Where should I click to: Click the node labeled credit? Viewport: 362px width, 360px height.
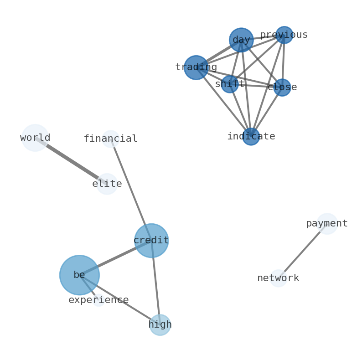point(151,241)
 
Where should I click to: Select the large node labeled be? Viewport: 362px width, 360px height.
point(79,275)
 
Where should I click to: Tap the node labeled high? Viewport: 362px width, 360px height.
point(160,325)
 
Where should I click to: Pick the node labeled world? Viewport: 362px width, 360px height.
point(35,138)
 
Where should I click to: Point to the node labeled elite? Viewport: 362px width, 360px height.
point(107,184)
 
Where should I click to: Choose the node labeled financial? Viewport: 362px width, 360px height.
point(111,139)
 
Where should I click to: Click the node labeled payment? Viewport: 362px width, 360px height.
point(327,224)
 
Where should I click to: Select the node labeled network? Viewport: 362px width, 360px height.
point(278,278)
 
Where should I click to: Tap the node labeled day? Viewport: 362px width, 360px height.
point(241,40)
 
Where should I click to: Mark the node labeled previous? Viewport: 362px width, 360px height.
point(284,35)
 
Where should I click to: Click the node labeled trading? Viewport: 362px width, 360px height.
point(196,67)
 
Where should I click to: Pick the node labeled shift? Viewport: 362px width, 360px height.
point(230,84)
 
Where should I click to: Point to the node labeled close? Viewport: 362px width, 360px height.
point(282,87)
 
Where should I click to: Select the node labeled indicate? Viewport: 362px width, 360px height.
point(251,136)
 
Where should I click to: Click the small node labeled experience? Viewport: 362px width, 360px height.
point(98,300)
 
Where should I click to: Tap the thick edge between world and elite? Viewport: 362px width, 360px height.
point(71,160)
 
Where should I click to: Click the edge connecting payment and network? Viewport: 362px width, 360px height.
point(302,251)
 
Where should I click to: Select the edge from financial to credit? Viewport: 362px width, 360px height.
point(131,189)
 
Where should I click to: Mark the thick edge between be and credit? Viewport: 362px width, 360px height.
point(115,258)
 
